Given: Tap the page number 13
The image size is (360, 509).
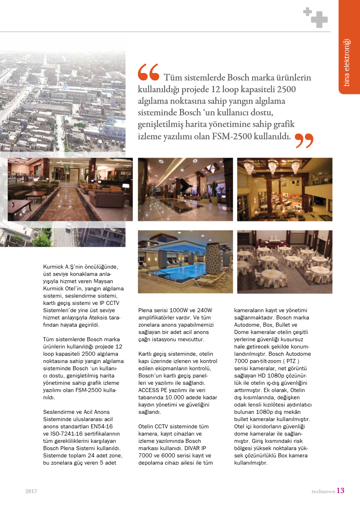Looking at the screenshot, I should [340, 490].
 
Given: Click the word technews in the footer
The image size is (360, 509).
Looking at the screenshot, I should [323, 491].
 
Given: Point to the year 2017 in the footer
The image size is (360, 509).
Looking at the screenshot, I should [31, 491].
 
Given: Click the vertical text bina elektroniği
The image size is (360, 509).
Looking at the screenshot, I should [346, 63].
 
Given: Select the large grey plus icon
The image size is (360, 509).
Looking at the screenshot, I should [319, 20].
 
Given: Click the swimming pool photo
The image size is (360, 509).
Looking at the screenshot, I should [185, 262].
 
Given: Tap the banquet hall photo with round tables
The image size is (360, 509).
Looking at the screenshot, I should [285, 262].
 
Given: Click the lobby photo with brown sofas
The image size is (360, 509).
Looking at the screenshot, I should [70, 190].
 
